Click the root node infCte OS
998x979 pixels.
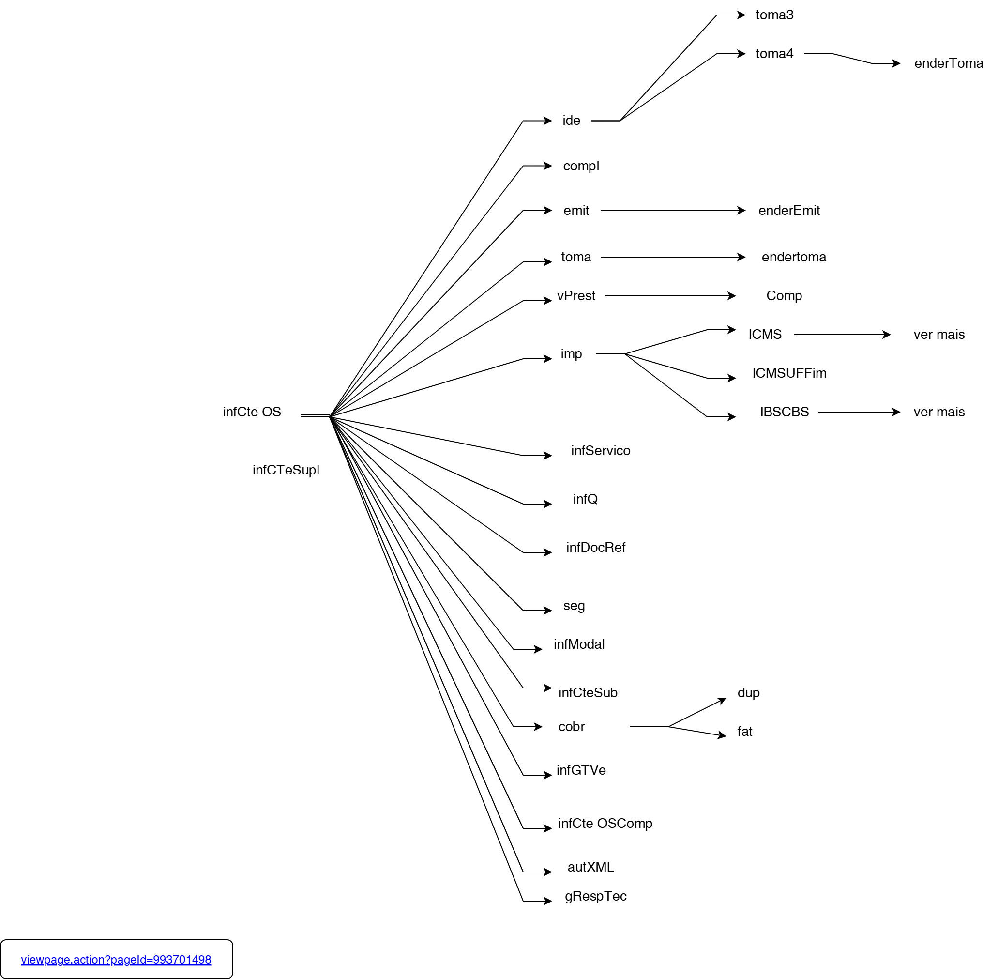coord(252,412)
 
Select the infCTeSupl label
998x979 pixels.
coord(286,470)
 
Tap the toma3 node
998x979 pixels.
coord(774,15)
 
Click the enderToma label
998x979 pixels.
coord(948,63)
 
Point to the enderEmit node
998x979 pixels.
coord(789,210)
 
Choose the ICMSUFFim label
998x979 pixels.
coord(789,373)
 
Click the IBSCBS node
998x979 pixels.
coord(784,412)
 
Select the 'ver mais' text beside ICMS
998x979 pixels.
coord(939,334)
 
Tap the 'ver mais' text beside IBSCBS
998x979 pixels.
coord(939,412)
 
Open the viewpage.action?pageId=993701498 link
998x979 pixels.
coord(116,960)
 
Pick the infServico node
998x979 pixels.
coord(600,450)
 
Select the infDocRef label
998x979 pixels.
coord(596,547)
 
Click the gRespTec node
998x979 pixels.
coord(596,896)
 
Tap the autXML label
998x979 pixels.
coord(590,867)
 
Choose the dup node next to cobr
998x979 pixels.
coord(748,692)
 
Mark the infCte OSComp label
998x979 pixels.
coord(605,823)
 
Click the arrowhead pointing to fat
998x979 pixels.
coord(722,735)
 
